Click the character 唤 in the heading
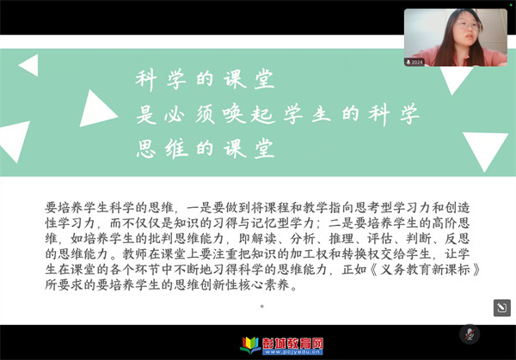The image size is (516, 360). coord(234,114)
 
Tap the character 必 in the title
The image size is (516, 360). coord(174,115)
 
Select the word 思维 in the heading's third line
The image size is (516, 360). coord(163,149)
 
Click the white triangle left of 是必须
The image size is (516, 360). coord(97,109)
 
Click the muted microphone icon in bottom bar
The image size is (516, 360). coord(470,334)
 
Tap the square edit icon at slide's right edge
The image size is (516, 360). coord(502,308)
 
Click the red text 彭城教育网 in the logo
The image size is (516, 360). coord(293,343)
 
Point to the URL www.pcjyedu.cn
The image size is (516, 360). coord(292,352)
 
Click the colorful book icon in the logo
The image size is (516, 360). coord(250,345)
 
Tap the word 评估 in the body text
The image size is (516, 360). coord(380,238)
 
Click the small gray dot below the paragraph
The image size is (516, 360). coord(262,307)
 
